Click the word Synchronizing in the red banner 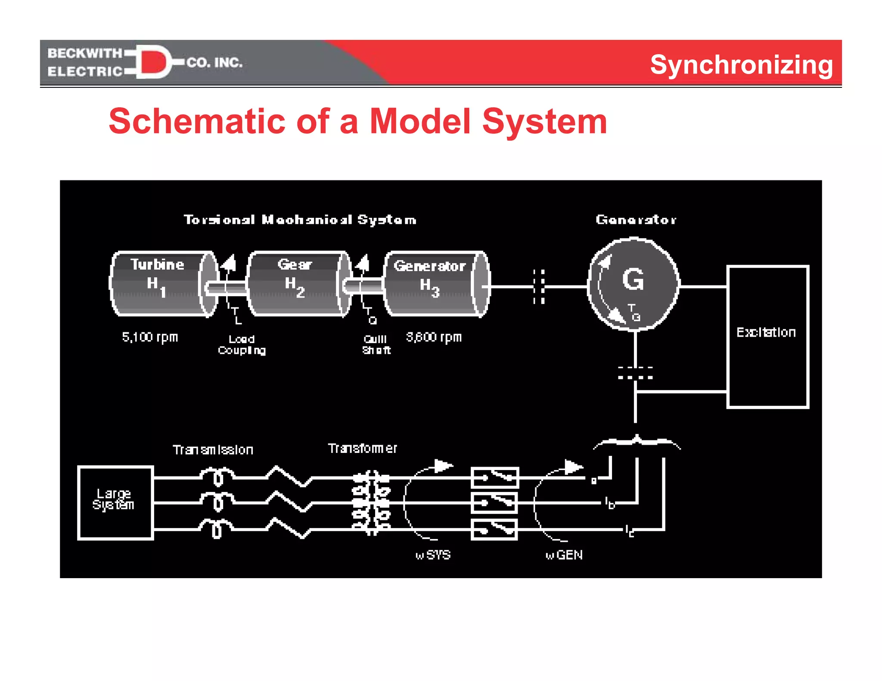[x=741, y=65]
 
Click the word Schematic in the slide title [x=197, y=122]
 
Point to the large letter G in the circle [x=633, y=279]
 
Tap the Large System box [x=115, y=502]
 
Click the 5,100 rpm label [x=150, y=337]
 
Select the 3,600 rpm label [x=434, y=337]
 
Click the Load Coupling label [x=242, y=345]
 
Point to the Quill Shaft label [x=376, y=345]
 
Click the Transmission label [x=213, y=450]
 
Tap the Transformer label [x=362, y=449]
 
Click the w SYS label [x=433, y=555]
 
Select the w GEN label [x=564, y=555]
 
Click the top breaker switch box [x=495, y=477]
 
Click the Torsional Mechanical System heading [x=300, y=220]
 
